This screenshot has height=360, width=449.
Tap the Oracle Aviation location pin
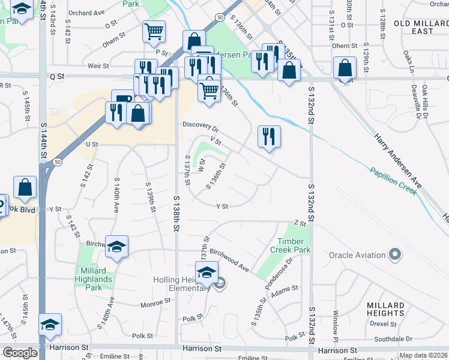click(x=394, y=255)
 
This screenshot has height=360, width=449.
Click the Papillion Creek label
click(x=393, y=178)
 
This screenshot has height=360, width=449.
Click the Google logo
click(x=20, y=353)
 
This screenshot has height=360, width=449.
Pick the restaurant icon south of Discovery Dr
click(x=269, y=136)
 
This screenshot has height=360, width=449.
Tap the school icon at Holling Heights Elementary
click(x=206, y=272)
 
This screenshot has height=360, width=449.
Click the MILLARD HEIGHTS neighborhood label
click(x=385, y=309)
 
